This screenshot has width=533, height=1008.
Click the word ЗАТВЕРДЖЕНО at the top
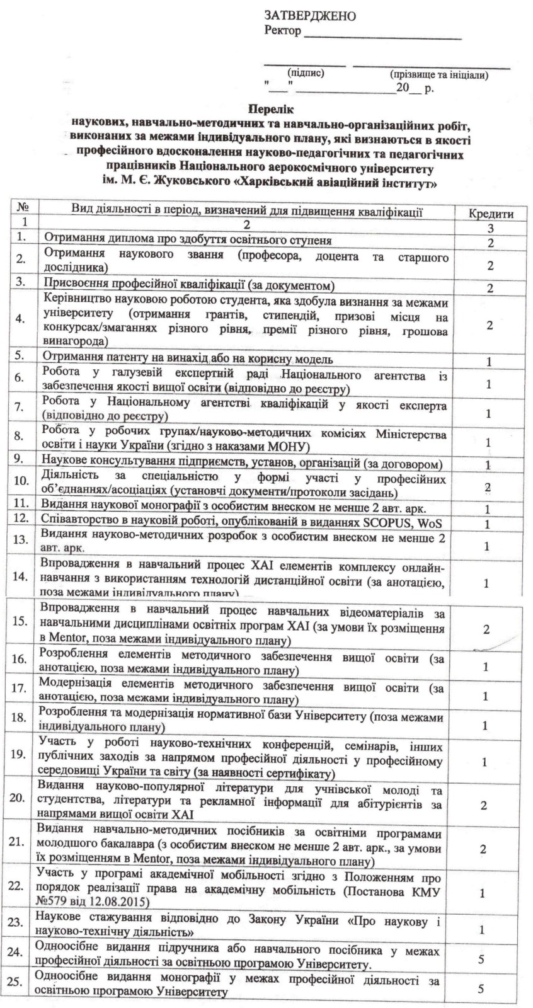[309, 15]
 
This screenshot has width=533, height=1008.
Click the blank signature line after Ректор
[382, 37]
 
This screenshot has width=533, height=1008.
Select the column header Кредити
[491, 214]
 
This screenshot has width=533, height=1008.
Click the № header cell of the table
[24, 207]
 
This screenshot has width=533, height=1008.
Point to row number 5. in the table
[21, 355]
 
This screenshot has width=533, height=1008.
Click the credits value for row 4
[490, 324]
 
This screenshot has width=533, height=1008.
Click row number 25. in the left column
[19, 982]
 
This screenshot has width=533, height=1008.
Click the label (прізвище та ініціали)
[438, 75]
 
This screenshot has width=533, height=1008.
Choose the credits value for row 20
[484, 805]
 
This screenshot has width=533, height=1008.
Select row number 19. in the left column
[19, 755]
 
